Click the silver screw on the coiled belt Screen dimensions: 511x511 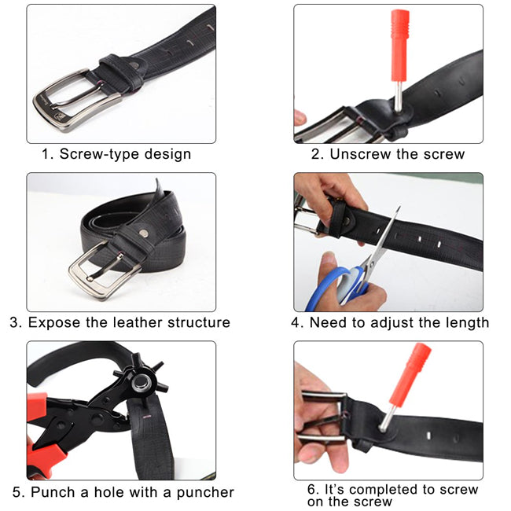coord(143,233)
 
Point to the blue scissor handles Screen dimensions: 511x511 coord(329,287)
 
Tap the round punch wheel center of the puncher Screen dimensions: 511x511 coord(142,383)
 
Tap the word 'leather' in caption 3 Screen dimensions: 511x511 coord(138,322)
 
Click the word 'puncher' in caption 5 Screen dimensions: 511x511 coord(205,492)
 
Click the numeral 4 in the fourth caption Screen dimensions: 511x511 coord(296,322)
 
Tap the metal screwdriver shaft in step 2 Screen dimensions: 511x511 coord(399,97)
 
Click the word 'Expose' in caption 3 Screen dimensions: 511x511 coord(54,322)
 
